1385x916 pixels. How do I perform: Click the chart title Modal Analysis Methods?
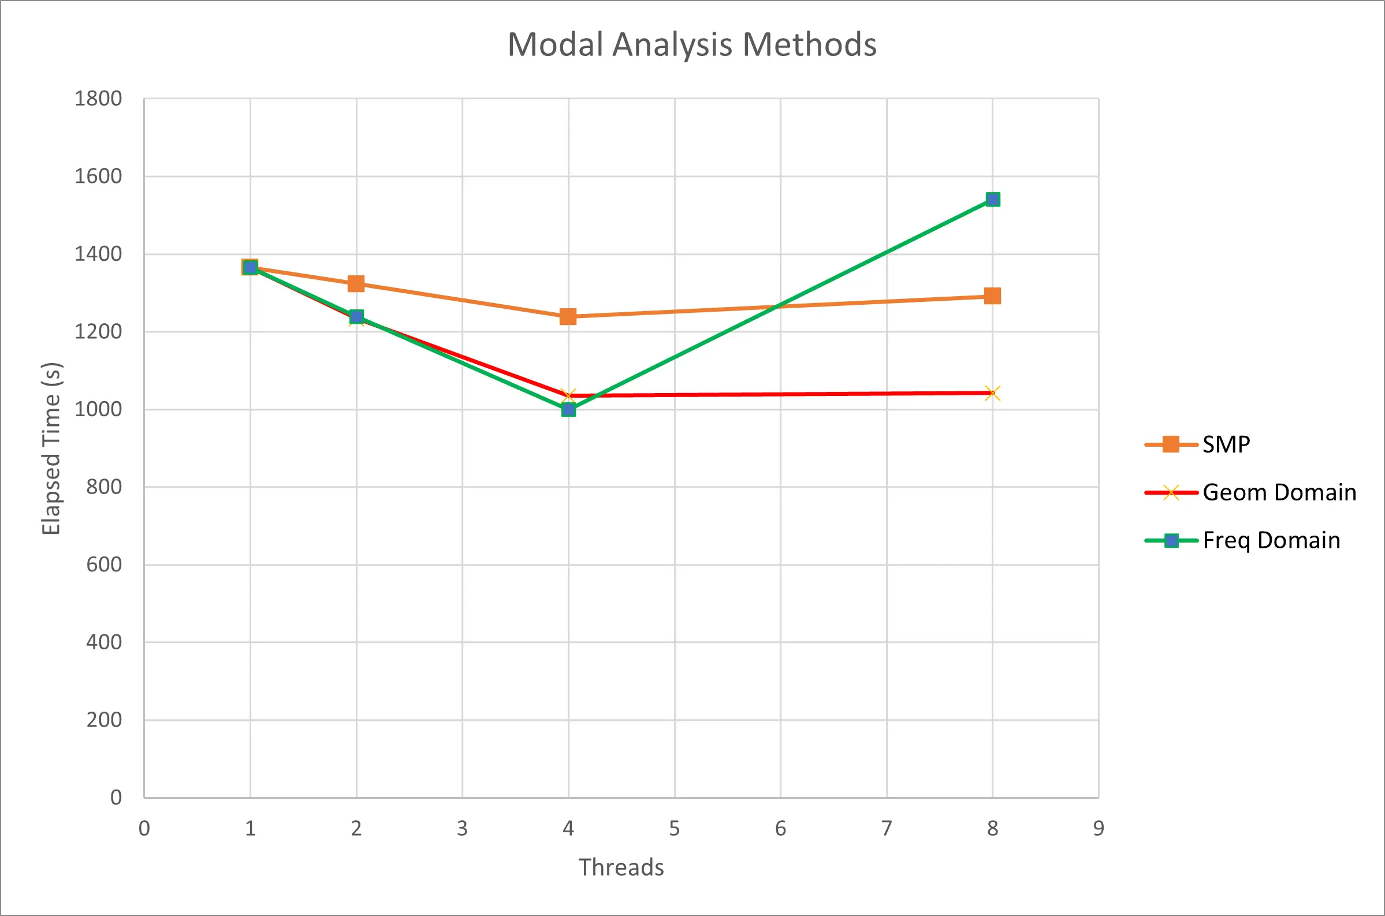coord(692,44)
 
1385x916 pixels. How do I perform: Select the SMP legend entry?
coord(1226,444)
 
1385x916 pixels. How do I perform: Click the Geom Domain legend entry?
coord(1279,492)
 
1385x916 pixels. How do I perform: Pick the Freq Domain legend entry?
coord(1271,540)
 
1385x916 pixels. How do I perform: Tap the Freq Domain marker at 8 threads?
coord(992,200)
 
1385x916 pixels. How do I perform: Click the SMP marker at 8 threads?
coord(992,296)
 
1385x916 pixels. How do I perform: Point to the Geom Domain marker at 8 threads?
coord(992,393)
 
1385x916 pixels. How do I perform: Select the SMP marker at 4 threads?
coord(568,317)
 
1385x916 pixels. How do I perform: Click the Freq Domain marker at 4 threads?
coord(568,409)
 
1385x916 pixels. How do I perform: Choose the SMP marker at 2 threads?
coord(356,284)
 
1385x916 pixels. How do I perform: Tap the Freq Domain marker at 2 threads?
coord(356,317)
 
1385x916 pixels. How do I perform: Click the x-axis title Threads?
coord(621,868)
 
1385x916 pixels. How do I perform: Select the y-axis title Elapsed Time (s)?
coord(51,448)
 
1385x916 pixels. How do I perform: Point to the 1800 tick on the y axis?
coord(98,99)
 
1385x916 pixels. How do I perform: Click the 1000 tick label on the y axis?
coord(98,409)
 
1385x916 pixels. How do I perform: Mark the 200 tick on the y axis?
coord(104,720)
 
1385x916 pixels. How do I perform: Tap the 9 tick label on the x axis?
coord(1099,828)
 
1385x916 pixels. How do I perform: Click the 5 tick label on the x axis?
coord(675,828)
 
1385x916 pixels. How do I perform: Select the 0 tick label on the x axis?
coord(144,828)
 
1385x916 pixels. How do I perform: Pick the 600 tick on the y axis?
coord(104,564)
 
